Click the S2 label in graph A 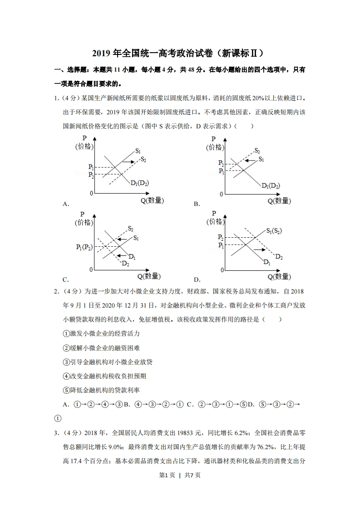tap(143, 159)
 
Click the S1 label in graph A tap(138, 151)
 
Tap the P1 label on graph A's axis tap(91, 167)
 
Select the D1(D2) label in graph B tap(271, 186)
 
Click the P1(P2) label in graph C tap(84, 247)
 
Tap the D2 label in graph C tap(125, 264)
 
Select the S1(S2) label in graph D tap(274, 230)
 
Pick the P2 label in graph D tap(221, 237)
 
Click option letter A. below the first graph tap(66, 204)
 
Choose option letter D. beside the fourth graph tap(197, 279)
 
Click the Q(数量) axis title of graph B tap(278, 201)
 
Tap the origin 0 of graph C tap(91, 269)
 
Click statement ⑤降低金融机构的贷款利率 tap(102, 390)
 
